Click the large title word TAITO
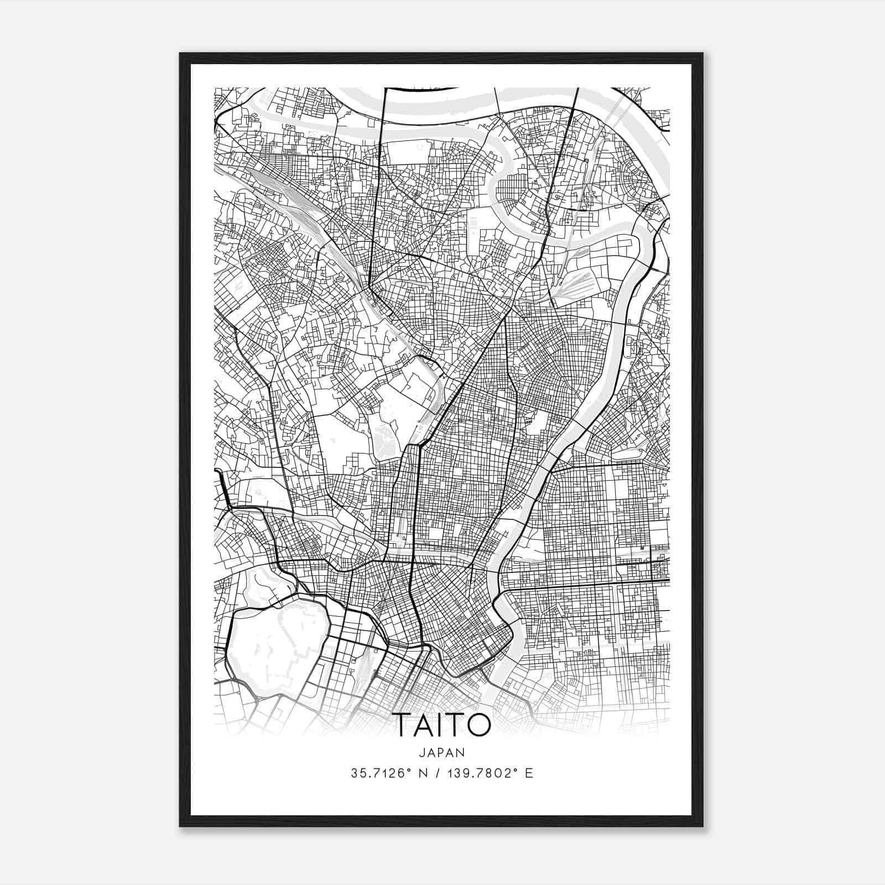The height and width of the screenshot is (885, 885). pos(442,725)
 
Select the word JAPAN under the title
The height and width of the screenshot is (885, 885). pos(442,752)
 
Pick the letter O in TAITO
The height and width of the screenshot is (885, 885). pos(479,725)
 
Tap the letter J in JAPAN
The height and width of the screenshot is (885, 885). pos(423,752)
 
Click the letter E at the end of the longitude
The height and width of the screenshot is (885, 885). pos(529,773)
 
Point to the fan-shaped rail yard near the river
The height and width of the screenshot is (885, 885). pos(575,282)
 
